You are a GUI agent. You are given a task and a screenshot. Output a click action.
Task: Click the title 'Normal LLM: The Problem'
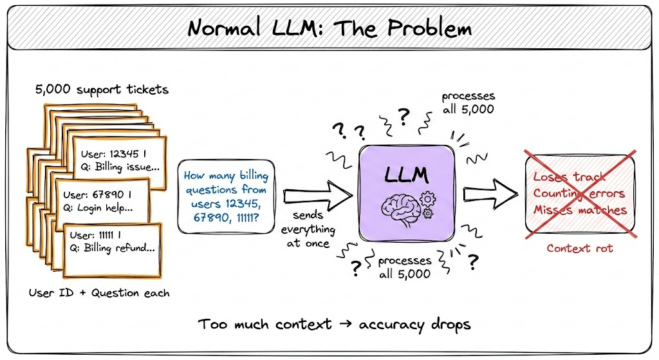point(329,28)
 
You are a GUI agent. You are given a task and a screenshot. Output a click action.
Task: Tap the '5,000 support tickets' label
point(102,89)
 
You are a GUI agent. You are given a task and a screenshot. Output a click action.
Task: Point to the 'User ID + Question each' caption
point(99,293)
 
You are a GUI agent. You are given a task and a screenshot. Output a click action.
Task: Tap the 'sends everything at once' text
point(311,229)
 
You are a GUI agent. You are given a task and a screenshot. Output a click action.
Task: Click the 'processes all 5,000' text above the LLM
point(468,103)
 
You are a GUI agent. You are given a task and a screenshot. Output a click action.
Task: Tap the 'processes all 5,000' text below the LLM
point(404,267)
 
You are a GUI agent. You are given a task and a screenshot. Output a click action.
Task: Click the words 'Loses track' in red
point(570,177)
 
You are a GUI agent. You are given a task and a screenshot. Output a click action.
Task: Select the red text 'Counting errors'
point(579,193)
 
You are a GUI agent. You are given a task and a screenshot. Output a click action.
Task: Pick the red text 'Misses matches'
point(579,210)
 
